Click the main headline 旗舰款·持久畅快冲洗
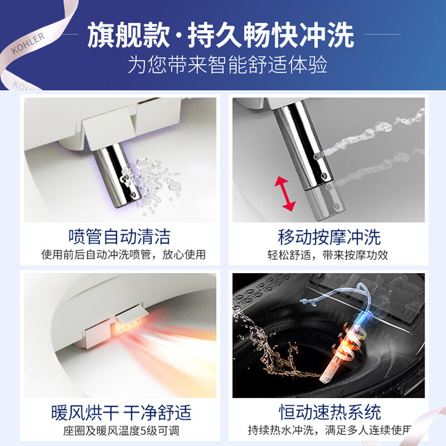[x=220, y=36]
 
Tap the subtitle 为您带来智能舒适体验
[x=228, y=65]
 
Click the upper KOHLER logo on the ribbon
[x=28, y=43]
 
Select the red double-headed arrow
[x=285, y=194]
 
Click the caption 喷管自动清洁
[x=119, y=236]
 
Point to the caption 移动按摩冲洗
[x=329, y=237]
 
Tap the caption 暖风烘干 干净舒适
[x=121, y=413]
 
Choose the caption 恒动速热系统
[x=330, y=412]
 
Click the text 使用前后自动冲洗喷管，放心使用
[x=123, y=254]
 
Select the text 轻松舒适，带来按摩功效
[x=328, y=255]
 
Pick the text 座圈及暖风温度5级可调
[x=121, y=431]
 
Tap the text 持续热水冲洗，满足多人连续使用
[x=330, y=430]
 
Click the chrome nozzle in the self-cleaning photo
[x=117, y=175]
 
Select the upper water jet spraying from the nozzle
[x=370, y=134]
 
